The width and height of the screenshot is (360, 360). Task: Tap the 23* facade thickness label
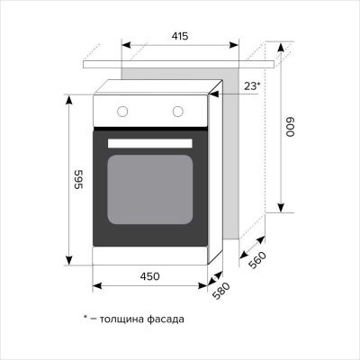pos(251,85)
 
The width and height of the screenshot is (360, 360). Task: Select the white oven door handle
pos(150,143)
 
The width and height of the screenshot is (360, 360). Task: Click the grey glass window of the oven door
pos(150,190)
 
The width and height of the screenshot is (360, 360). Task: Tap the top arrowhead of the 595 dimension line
pos(68,97)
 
